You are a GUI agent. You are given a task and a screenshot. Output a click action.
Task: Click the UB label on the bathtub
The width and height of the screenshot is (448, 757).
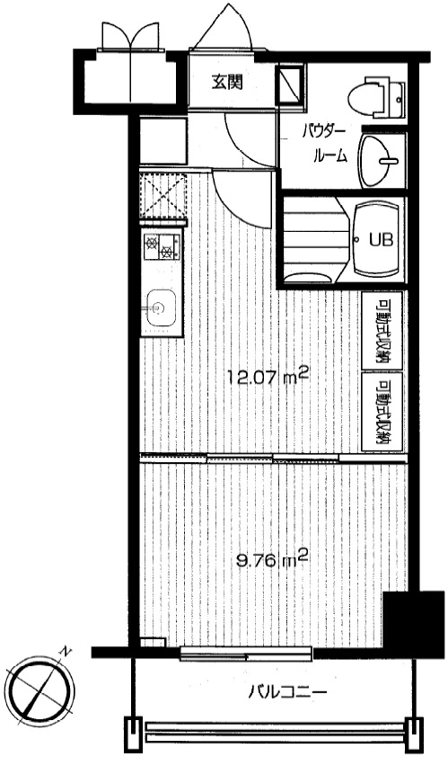[382, 239]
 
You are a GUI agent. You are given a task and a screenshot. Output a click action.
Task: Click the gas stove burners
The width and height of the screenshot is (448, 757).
[161, 245]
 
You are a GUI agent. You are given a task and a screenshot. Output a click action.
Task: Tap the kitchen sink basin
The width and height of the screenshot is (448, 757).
[159, 308]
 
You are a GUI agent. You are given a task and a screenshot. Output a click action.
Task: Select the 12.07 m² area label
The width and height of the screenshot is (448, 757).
[267, 378]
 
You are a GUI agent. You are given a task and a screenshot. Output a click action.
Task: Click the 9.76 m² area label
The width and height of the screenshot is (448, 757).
[272, 561]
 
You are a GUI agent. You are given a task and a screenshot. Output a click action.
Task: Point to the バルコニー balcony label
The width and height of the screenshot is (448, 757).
[287, 692]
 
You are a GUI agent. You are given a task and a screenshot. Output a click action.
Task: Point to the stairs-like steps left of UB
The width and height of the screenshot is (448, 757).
[316, 240]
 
